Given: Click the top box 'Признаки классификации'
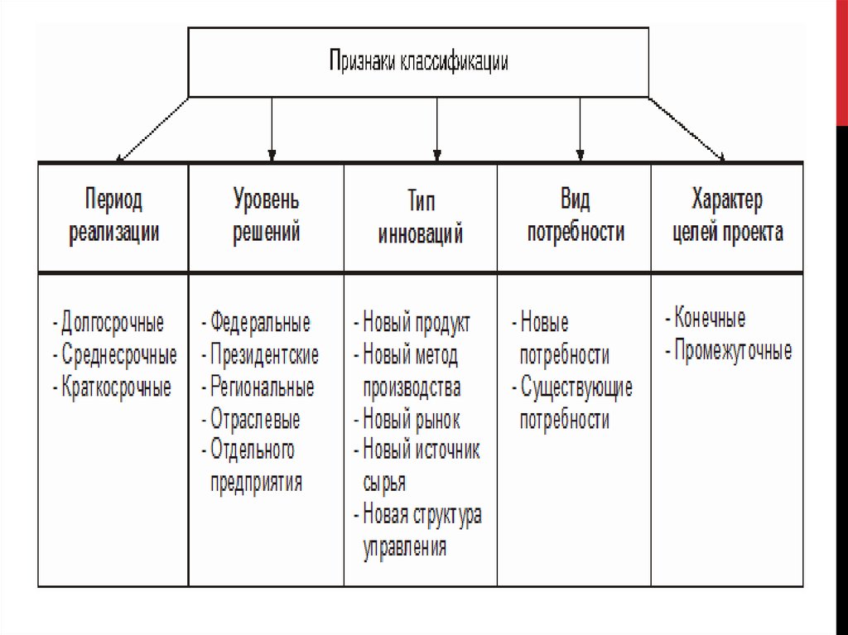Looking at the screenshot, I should click(418, 62).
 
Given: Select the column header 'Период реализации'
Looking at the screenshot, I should click(113, 215).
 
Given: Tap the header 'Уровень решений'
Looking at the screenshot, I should click(266, 215).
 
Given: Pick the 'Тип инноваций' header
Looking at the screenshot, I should click(421, 217).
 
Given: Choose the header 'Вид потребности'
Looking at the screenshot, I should click(575, 215).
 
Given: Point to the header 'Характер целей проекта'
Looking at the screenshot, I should click(726, 215).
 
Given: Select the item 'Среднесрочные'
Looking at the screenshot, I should click(118, 355).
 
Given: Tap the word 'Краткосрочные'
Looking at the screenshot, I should click(116, 387).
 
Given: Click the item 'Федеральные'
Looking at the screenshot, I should click(260, 321).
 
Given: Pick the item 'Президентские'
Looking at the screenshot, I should click(264, 355).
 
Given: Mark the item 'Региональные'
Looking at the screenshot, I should click(262, 387).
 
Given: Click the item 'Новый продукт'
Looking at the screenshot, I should click(416, 323).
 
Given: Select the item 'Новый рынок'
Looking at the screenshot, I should click(411, 420).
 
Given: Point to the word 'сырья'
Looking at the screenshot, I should click(384, 483).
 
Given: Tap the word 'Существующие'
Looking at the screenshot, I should click(576, 387).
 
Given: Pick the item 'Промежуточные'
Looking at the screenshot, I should click(732, 351).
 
